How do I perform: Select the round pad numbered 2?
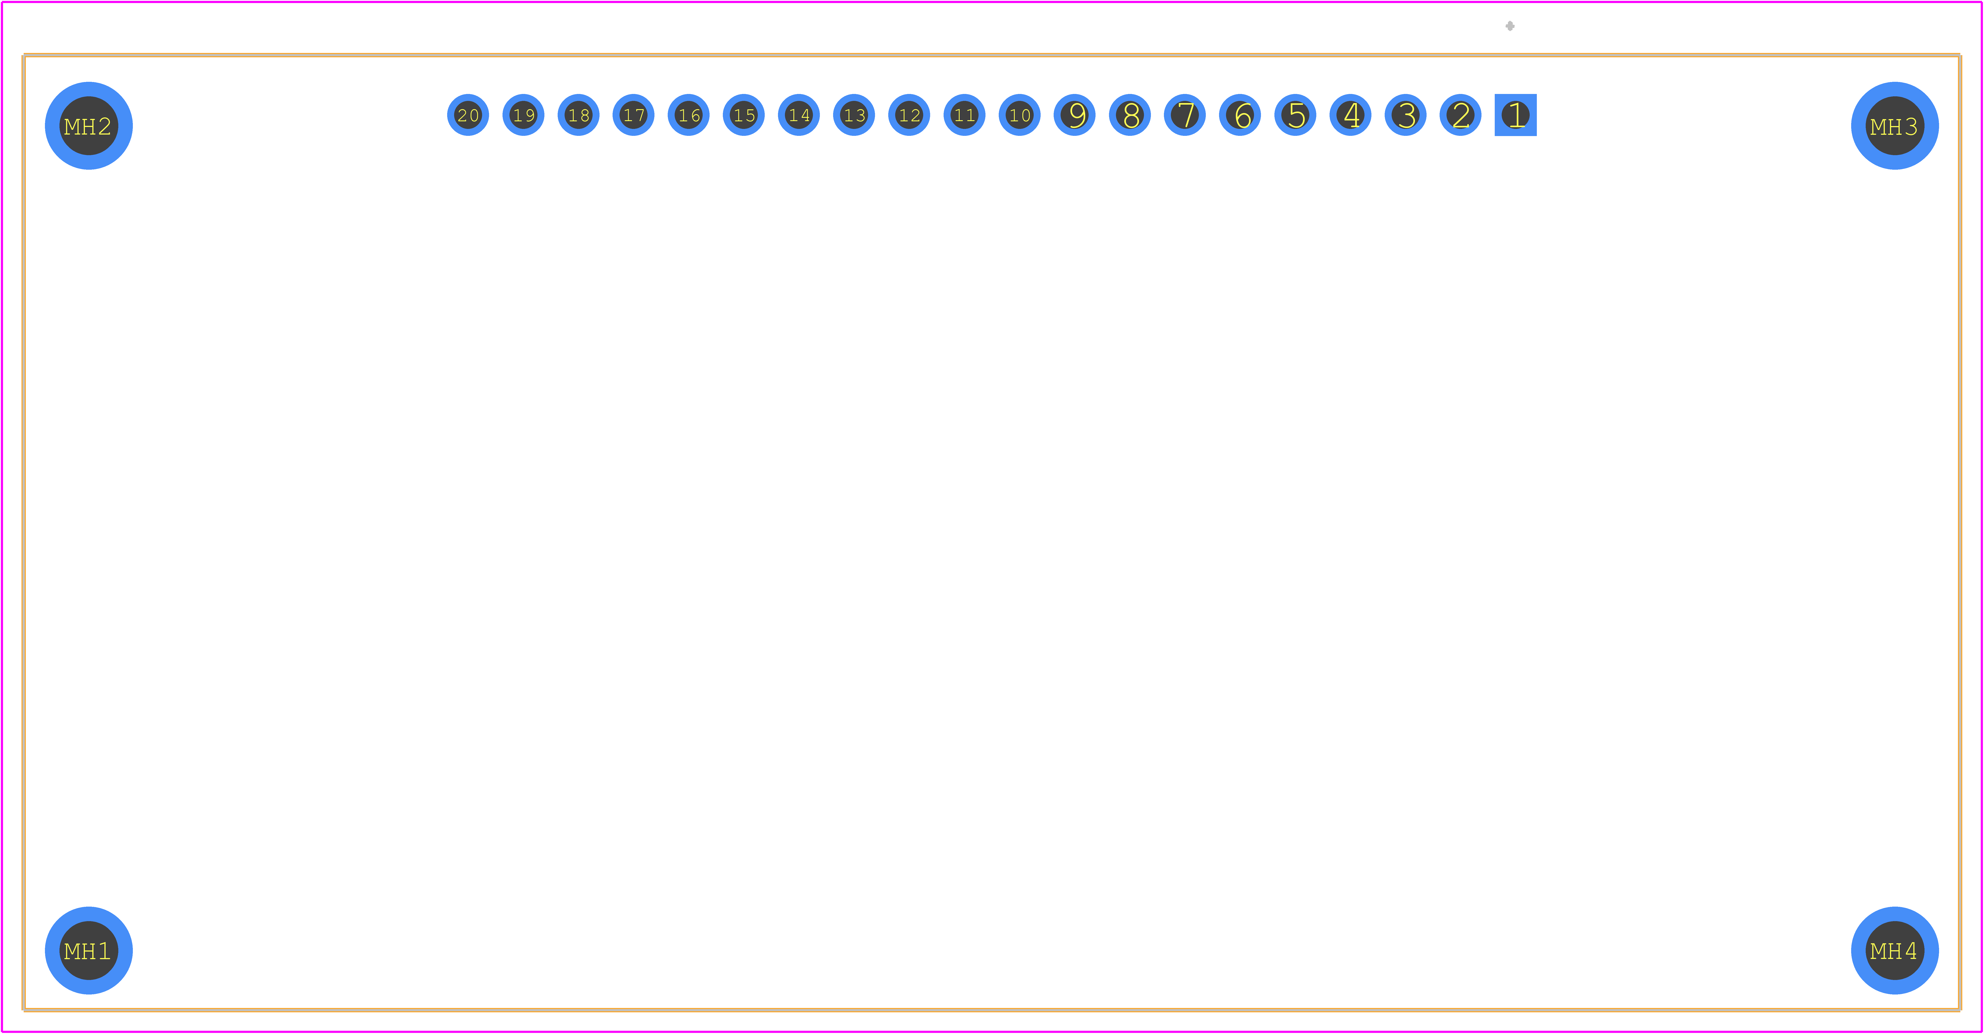coord(1460,115)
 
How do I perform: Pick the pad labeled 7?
coord(1185,115)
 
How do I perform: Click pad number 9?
coord(1074,115)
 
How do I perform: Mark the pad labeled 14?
coord(799,115)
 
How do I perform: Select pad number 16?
coord(689,115)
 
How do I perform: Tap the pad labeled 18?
coord(578,115)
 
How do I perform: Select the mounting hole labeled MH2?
coord(89,125)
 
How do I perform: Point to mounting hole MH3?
coord(1895,125)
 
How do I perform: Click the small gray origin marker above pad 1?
coord(1509,26)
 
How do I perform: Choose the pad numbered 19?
coord(523,115)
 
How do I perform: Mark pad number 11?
coord(964,115)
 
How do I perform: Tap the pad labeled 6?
coord(1240,115)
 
